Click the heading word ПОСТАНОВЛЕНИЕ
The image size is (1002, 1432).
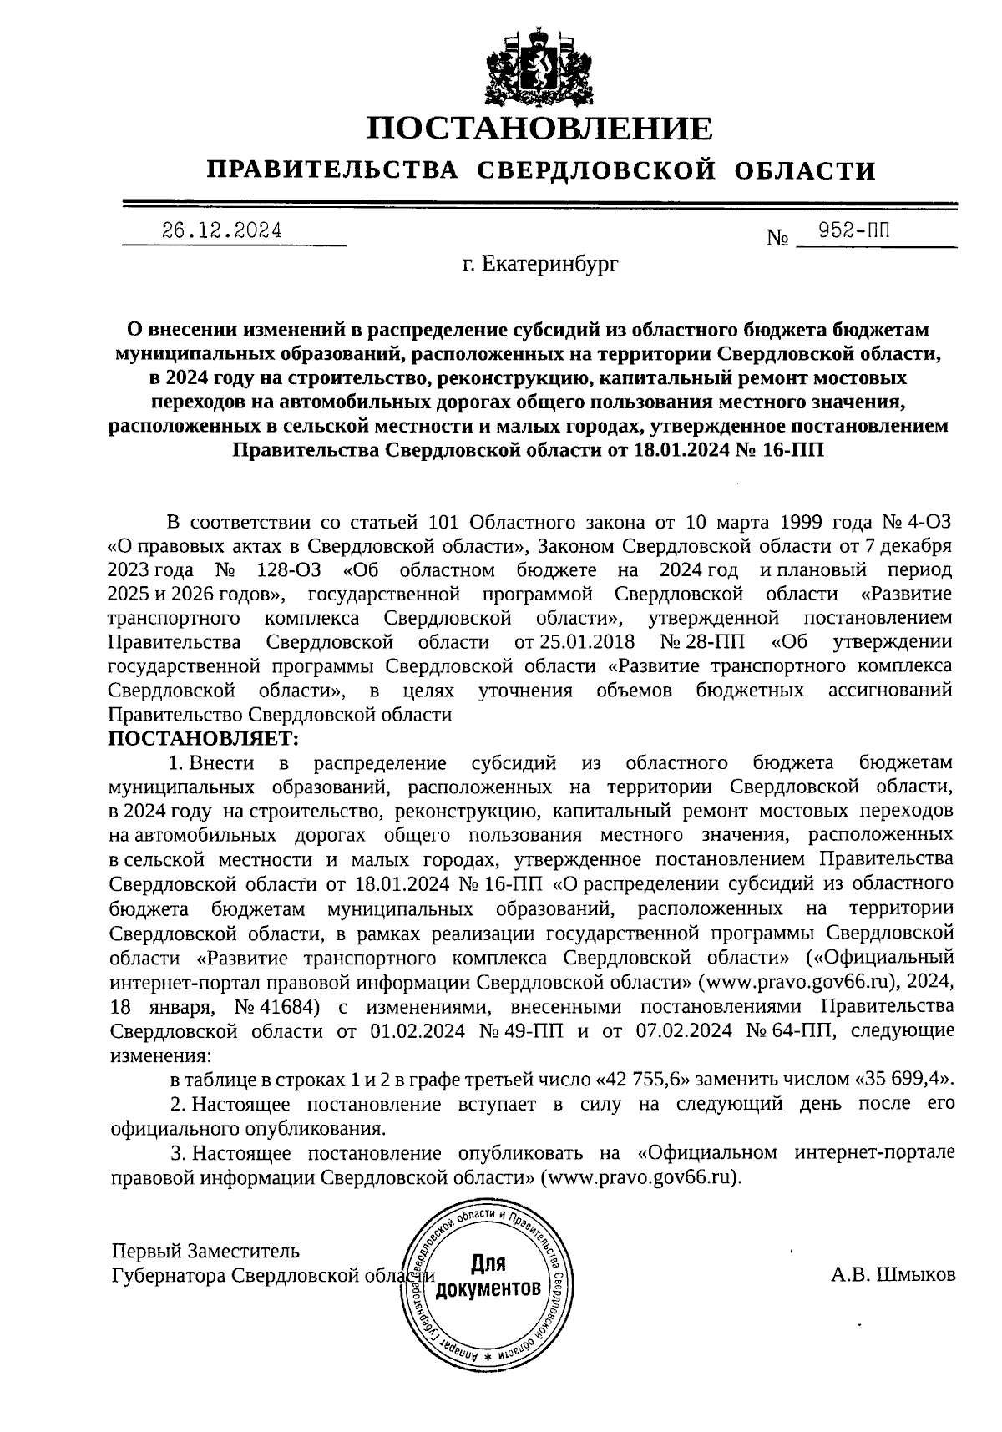click(x=541, y=129)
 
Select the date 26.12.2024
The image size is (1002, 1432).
click(x=222, y=230)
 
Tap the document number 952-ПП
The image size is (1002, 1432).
click(x=853, y=230)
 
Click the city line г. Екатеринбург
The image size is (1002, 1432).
click(x=541, y=266)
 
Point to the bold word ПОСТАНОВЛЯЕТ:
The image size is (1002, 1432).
click(x=204, y=739)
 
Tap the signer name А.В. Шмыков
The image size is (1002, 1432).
click(x=893, y=1274)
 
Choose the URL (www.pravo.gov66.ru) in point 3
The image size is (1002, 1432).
click(x=640, y=1177)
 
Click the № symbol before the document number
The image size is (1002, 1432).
click(x=777, y=239)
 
